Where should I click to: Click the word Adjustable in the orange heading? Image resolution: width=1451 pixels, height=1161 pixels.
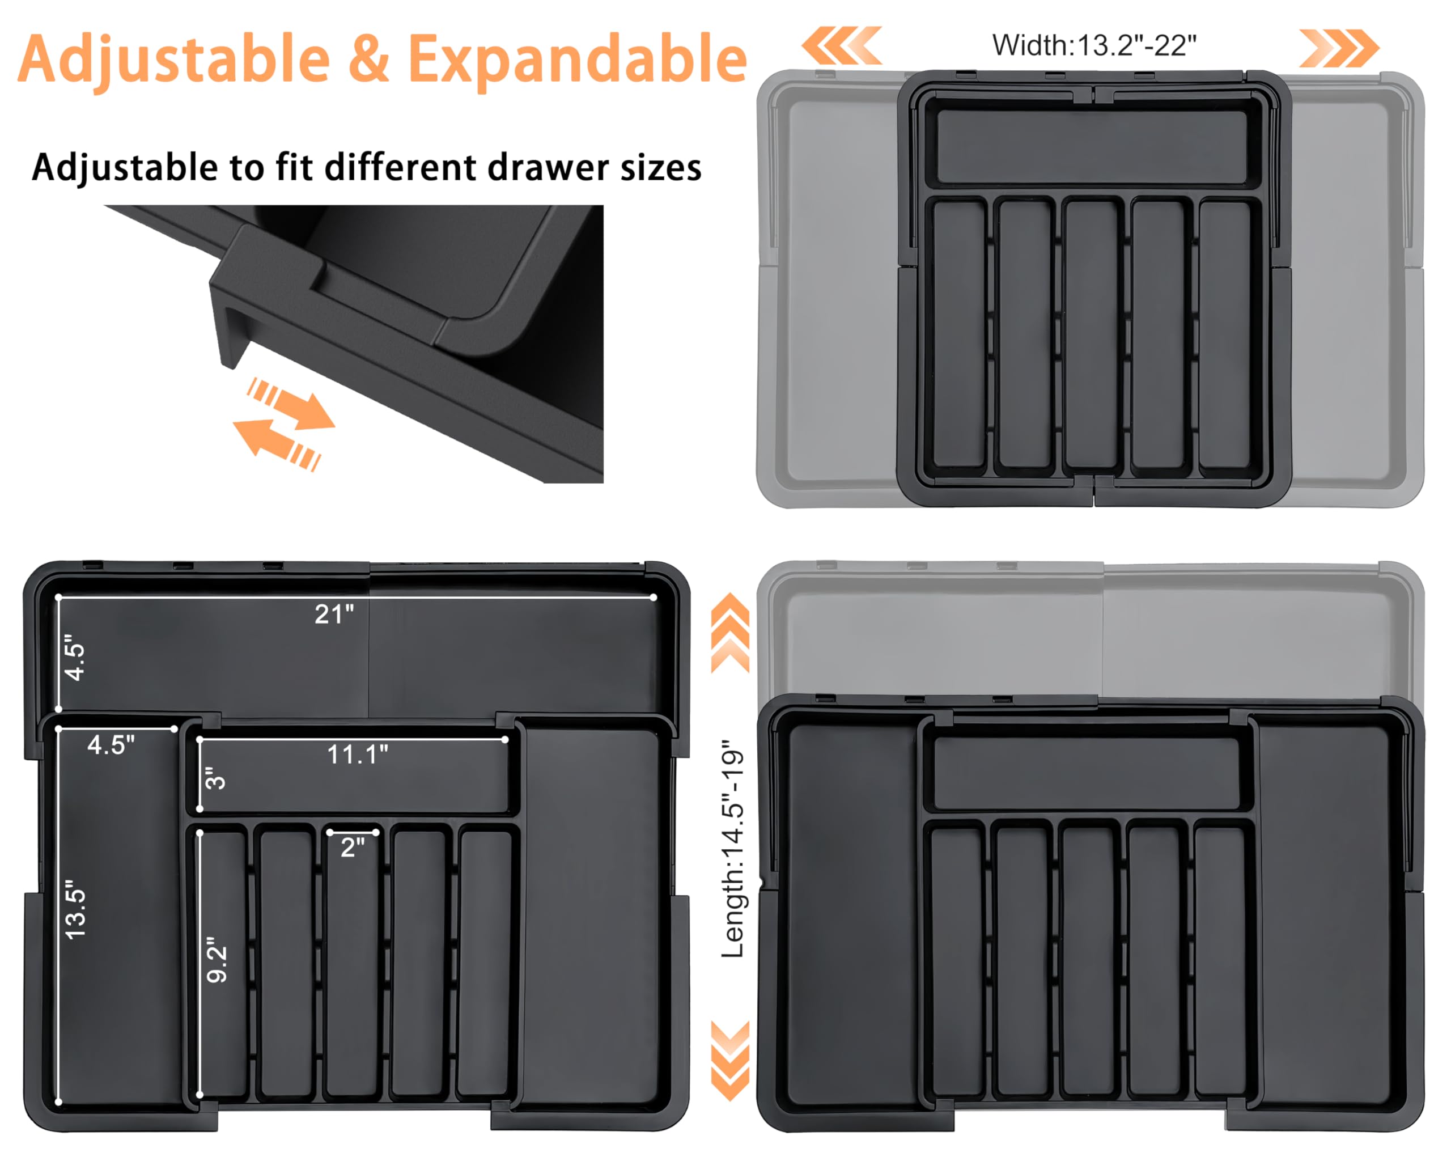173,61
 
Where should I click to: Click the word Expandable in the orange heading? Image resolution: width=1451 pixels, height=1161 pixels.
577,61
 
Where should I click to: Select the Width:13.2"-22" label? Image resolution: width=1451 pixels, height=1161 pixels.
1093,46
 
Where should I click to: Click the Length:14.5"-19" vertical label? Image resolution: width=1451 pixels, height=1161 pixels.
733,849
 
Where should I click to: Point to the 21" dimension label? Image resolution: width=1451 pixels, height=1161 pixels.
334,615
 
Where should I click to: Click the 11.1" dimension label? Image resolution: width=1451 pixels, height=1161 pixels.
358,755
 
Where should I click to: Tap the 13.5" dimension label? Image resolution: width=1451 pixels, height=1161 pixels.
75,909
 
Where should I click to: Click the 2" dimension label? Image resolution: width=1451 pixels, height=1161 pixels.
352,848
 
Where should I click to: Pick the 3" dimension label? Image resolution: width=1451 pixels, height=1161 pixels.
215,779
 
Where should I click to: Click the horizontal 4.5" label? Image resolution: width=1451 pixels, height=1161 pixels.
111,745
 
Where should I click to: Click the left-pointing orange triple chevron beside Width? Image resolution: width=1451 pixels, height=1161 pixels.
841,46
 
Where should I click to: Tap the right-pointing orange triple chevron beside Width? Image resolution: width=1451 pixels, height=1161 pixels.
1338,48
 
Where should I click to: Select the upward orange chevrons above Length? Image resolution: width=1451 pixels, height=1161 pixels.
730,632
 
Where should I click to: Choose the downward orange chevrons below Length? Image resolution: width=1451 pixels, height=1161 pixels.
730,1061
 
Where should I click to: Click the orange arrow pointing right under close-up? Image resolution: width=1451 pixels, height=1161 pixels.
296,406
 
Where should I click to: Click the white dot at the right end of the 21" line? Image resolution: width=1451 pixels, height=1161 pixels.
654,597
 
